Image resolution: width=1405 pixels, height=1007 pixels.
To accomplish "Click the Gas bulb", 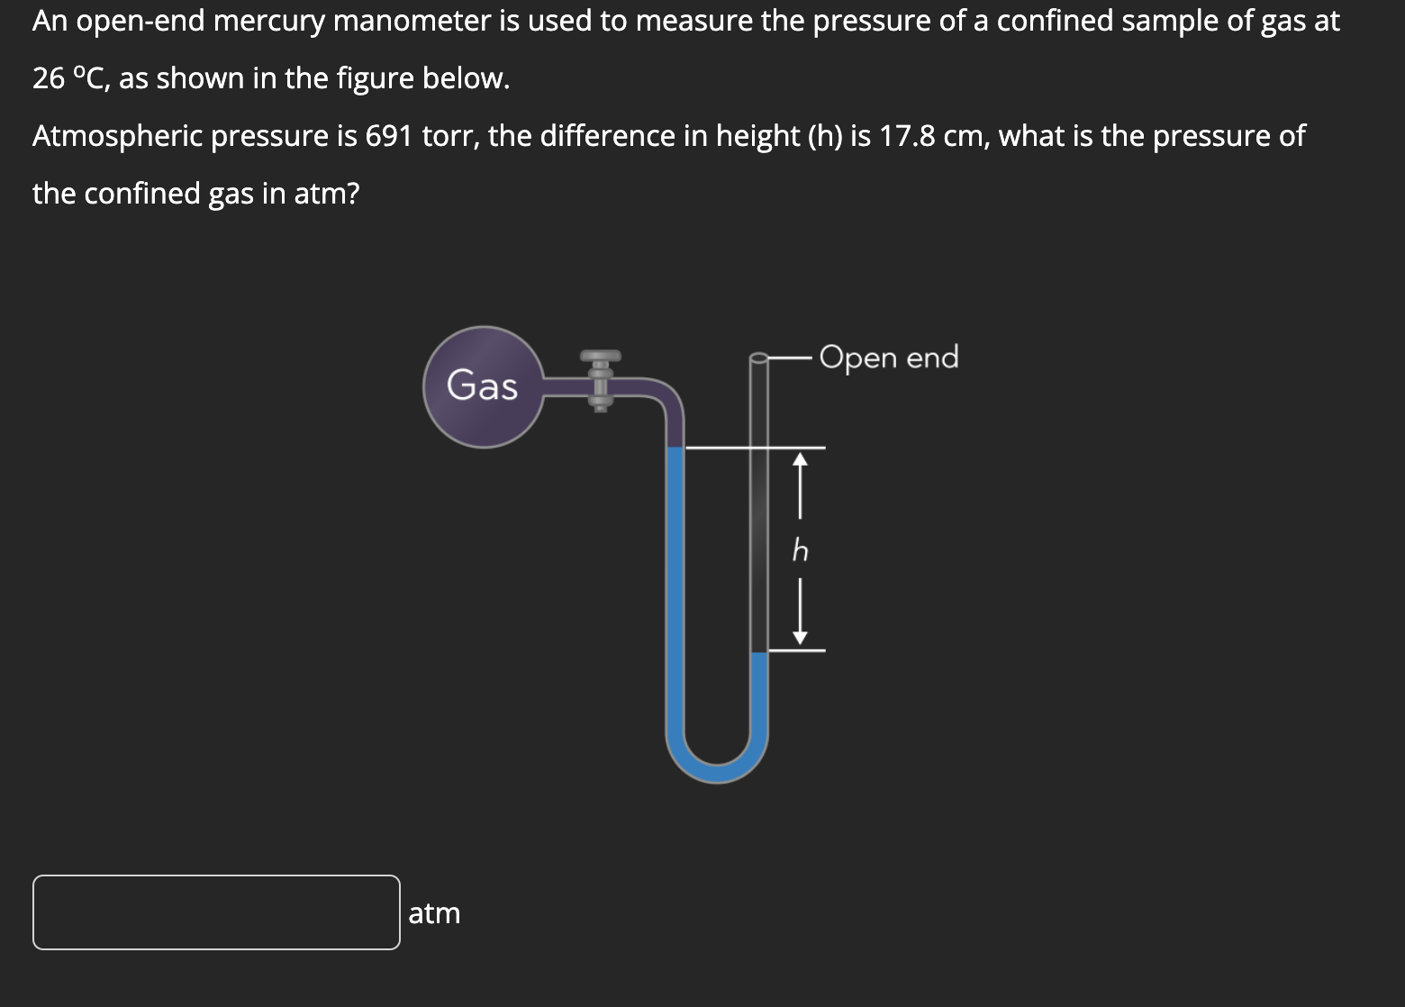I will [484, 386].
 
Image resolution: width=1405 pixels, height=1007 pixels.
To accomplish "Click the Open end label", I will [889, 358].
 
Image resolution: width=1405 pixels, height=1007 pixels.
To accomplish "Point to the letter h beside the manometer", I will [800, 549].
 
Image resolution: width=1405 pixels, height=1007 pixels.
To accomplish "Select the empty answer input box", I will [216, 912].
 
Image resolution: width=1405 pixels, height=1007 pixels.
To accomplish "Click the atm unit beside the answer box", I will [434, 913].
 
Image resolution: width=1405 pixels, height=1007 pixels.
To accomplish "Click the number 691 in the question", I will [389, 136].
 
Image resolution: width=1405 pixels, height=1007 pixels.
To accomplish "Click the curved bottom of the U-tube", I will [717, 770].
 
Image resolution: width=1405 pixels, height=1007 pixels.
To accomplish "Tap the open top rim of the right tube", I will [759, 358].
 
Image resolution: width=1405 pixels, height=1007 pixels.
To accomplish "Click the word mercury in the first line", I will [269, 21].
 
